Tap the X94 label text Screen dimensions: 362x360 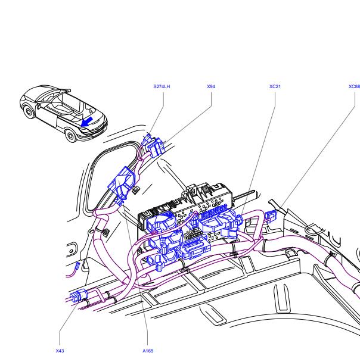pyautogui.click(x=211, y=86)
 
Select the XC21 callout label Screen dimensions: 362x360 pyautogui.click(x=275, y=86)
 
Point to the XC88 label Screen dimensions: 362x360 pyautogui.click(x=354, y=86)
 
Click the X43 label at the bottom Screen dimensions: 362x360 pyautogui.click(x=60, y=351)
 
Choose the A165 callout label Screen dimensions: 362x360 pyautogui.click(x=148, y=351)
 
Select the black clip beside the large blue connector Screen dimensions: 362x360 pyautogui.click(x=136, y=191)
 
